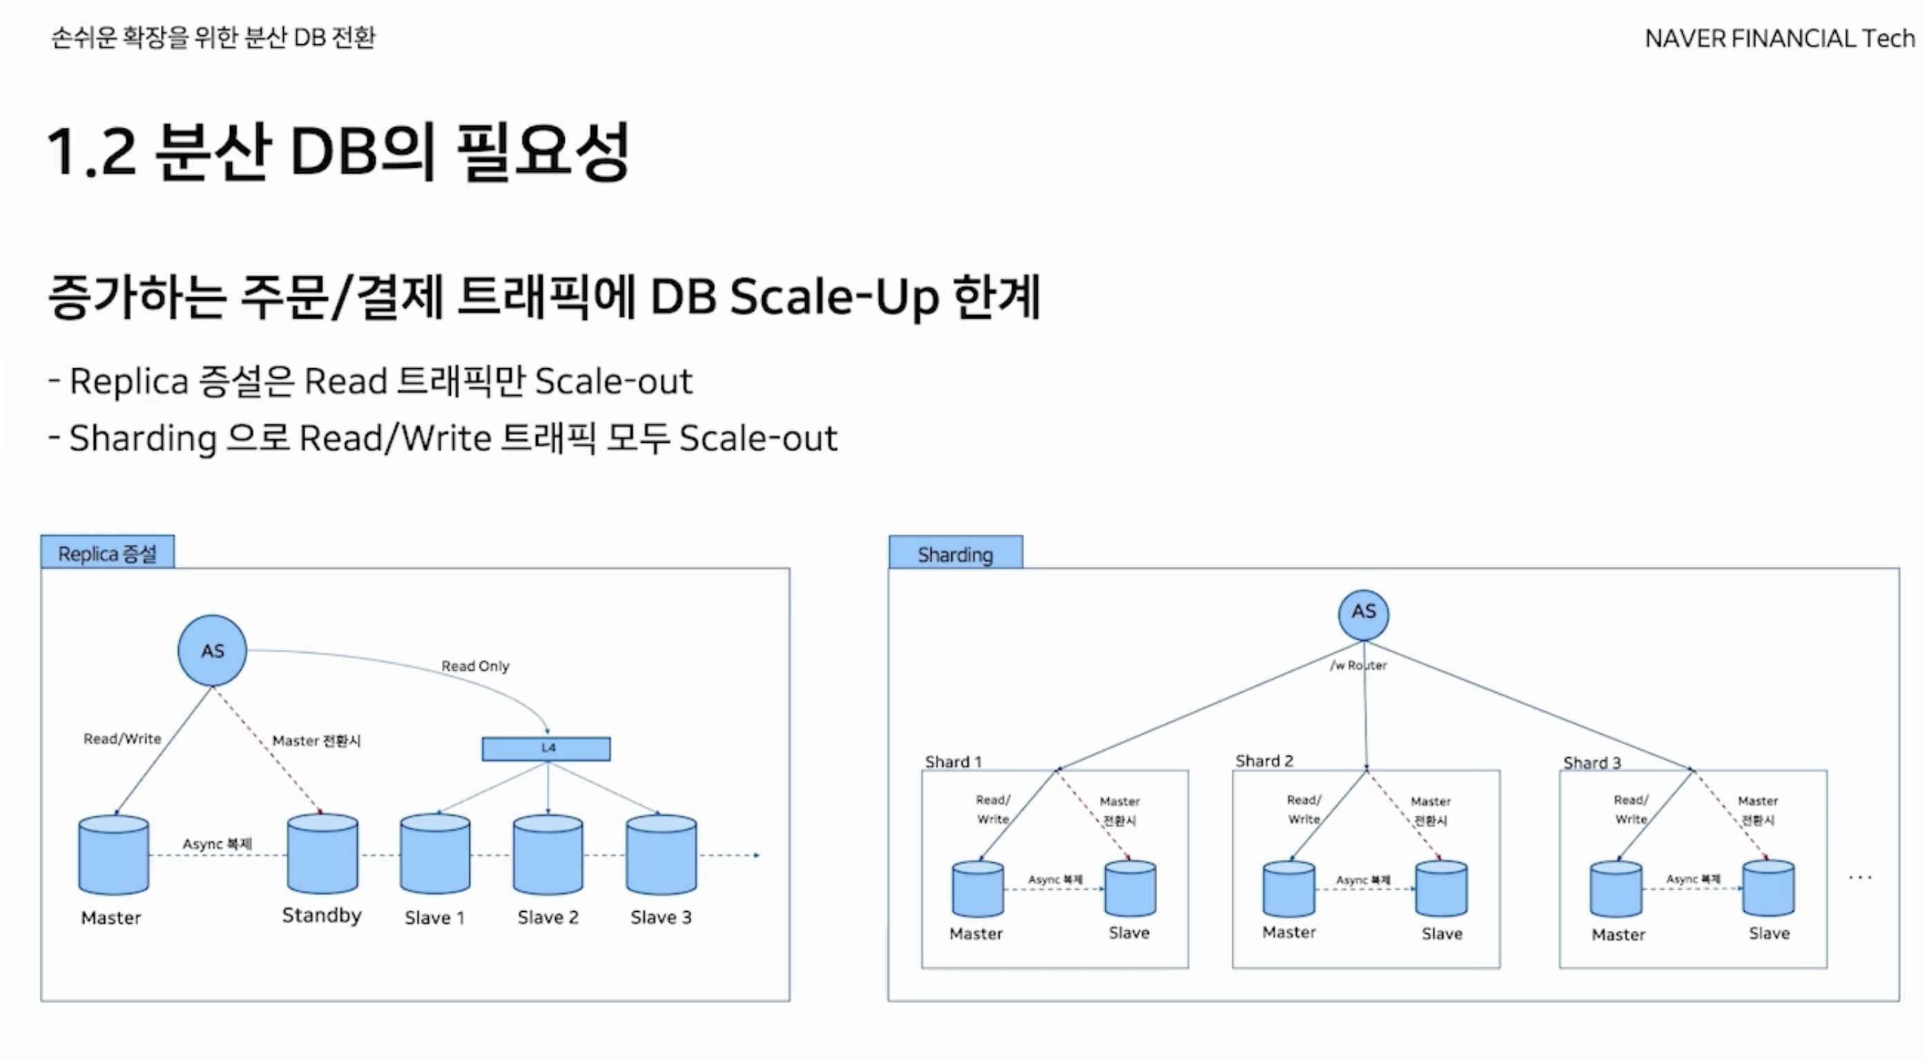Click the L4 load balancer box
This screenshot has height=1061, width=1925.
[x=545, y=749]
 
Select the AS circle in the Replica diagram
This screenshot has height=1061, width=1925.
[x=212, y=651]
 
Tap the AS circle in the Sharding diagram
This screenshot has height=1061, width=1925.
[x=1363, y=614]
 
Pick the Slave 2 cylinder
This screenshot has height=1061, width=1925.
[x=548, y=854]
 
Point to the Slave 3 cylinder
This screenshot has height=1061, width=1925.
[x=661, y=854]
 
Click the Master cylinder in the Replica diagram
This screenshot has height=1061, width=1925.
[x=114, y=855]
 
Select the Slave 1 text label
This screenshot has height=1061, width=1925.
[x=434, y=917]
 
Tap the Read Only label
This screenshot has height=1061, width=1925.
[x=475, y=665]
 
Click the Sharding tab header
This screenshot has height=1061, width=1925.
[x=955, y=554]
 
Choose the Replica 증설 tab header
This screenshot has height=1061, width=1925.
[x=108, y=553]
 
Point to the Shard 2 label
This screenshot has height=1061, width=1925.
[x=1264, y=761]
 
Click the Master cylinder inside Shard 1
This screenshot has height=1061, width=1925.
[x=978, y=889]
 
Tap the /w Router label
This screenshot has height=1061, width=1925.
[x=1358, y=665]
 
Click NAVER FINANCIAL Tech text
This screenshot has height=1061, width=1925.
[x=1779, y=38]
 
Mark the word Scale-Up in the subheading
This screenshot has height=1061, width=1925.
[x=834, y=297]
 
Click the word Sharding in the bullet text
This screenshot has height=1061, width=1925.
[x=143, y=438]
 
